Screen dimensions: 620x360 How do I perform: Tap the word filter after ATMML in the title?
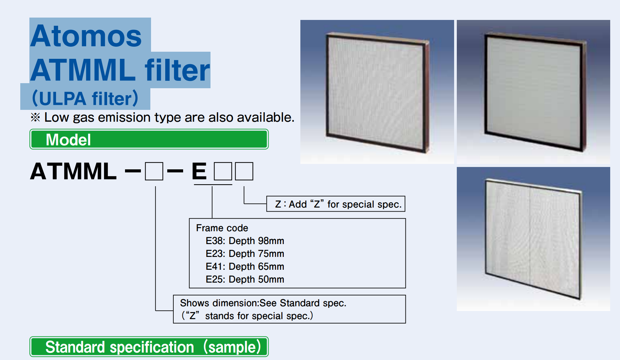(177, 70)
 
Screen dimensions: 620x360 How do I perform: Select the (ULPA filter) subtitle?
(85, 98)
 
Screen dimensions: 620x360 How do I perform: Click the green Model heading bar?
(149, 139)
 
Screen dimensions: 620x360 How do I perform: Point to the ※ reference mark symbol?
(35, 117)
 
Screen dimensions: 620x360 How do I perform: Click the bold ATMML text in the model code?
(73, 171)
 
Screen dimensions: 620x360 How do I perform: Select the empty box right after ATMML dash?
(154, 171)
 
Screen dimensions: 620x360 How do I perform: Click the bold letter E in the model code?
(199, 171)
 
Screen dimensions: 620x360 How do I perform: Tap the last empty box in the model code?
(244, 171)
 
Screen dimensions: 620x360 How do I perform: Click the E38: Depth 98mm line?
(245, 241)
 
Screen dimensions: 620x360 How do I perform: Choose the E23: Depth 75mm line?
(245, 254)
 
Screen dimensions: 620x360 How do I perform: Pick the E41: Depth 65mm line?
(245, 266)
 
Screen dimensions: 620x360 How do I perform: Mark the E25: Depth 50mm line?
(245, 279)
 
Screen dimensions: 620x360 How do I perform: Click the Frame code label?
(222, 228)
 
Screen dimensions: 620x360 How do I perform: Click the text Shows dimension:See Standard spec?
(263, 303)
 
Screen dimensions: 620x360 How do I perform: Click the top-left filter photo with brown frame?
(377, 92)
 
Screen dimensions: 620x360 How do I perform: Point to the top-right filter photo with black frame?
(534, 92)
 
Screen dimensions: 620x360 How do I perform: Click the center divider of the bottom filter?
(529, 238)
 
